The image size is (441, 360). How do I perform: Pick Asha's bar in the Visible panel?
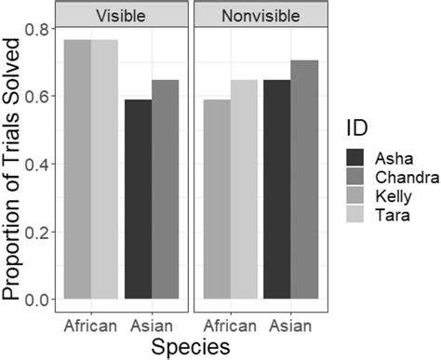pyautogui.click(x=139, y=200)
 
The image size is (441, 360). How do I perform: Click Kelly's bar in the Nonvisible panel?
pyautogui.click(x=217, y=200)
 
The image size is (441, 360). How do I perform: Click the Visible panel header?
pyautogui.click(x=122, y=15)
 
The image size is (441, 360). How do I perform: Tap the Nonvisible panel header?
pyautogui.click(x=261, y=15)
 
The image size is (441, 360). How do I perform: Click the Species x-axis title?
pyautogui.click(x=191, y=346)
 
